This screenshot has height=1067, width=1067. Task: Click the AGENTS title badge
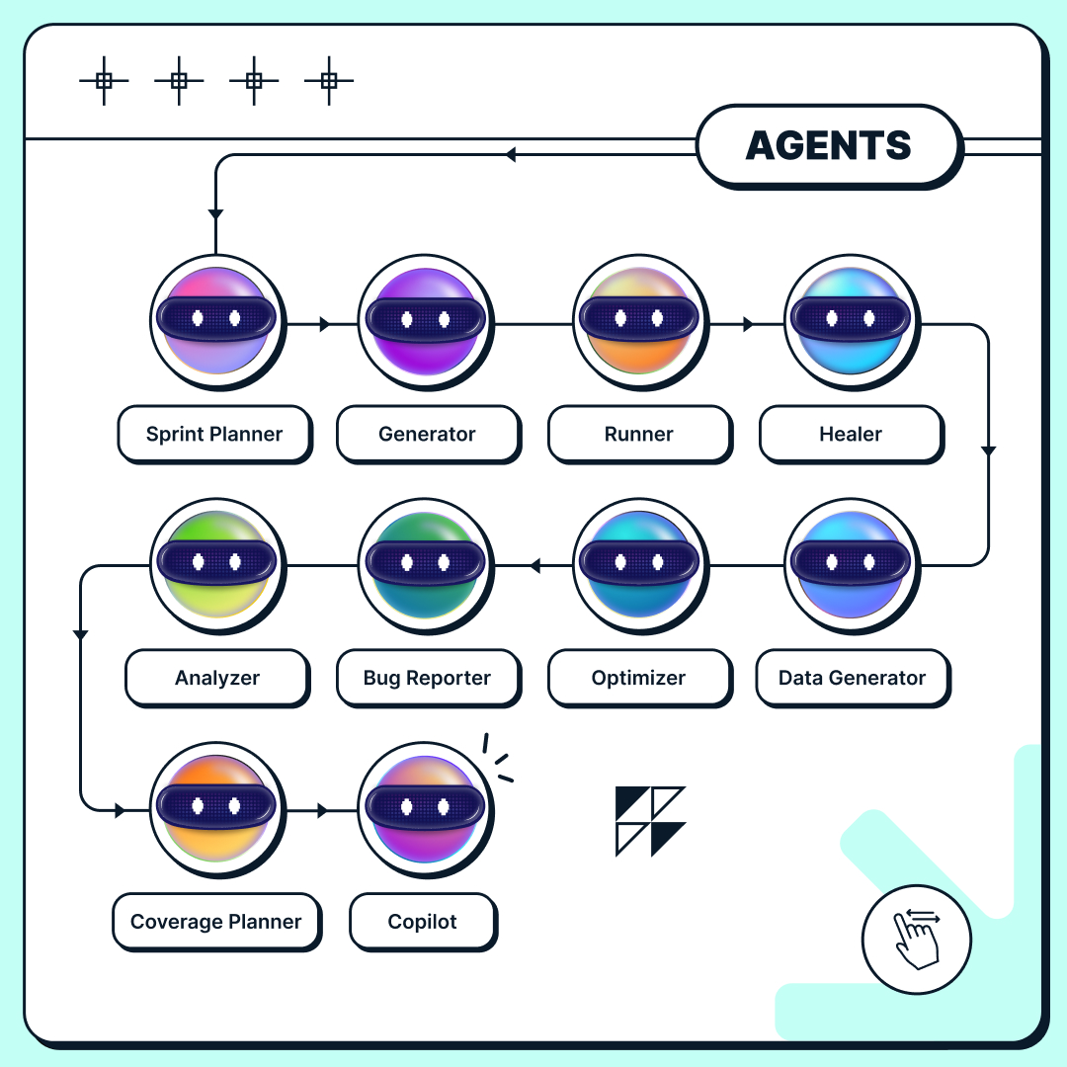[828, 145]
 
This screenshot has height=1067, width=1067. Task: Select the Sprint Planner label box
[214, 434]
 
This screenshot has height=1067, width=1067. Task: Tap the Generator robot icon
[426, 319]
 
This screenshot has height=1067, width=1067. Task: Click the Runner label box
[639, 434]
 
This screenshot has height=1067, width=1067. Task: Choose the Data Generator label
[852, 678]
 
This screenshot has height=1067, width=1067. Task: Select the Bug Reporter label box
[427, 678]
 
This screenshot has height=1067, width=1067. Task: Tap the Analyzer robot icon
[216, 563]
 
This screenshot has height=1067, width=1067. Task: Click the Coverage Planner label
[216, 922]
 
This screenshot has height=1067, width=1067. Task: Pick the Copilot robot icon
[426, 807]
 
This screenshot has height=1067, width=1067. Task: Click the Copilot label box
[423, 922]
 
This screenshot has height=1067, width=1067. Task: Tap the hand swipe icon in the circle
[916, 939]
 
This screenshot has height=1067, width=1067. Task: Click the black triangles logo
[649, 821]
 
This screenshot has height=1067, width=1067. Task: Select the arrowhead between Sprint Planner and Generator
[324, 324]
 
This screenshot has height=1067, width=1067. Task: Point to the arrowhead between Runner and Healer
[748, 324]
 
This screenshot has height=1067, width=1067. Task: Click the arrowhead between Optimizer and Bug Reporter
[534, 566]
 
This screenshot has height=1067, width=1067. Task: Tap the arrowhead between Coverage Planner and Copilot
[322, 811]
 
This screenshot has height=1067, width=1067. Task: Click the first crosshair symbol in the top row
[104, 81]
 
